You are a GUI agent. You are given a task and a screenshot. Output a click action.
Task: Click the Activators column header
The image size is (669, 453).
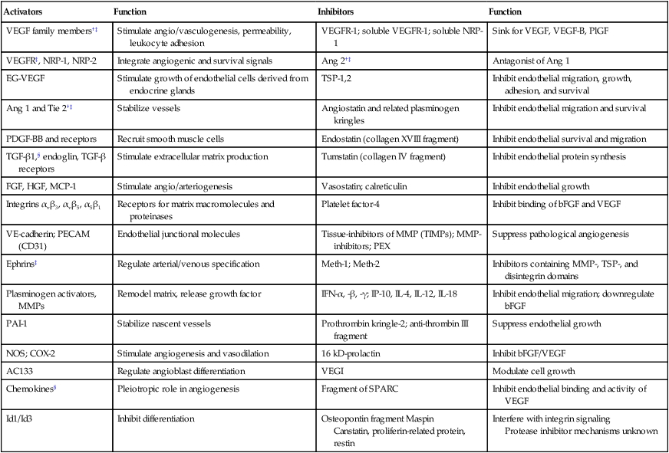(x=25, y=12)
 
